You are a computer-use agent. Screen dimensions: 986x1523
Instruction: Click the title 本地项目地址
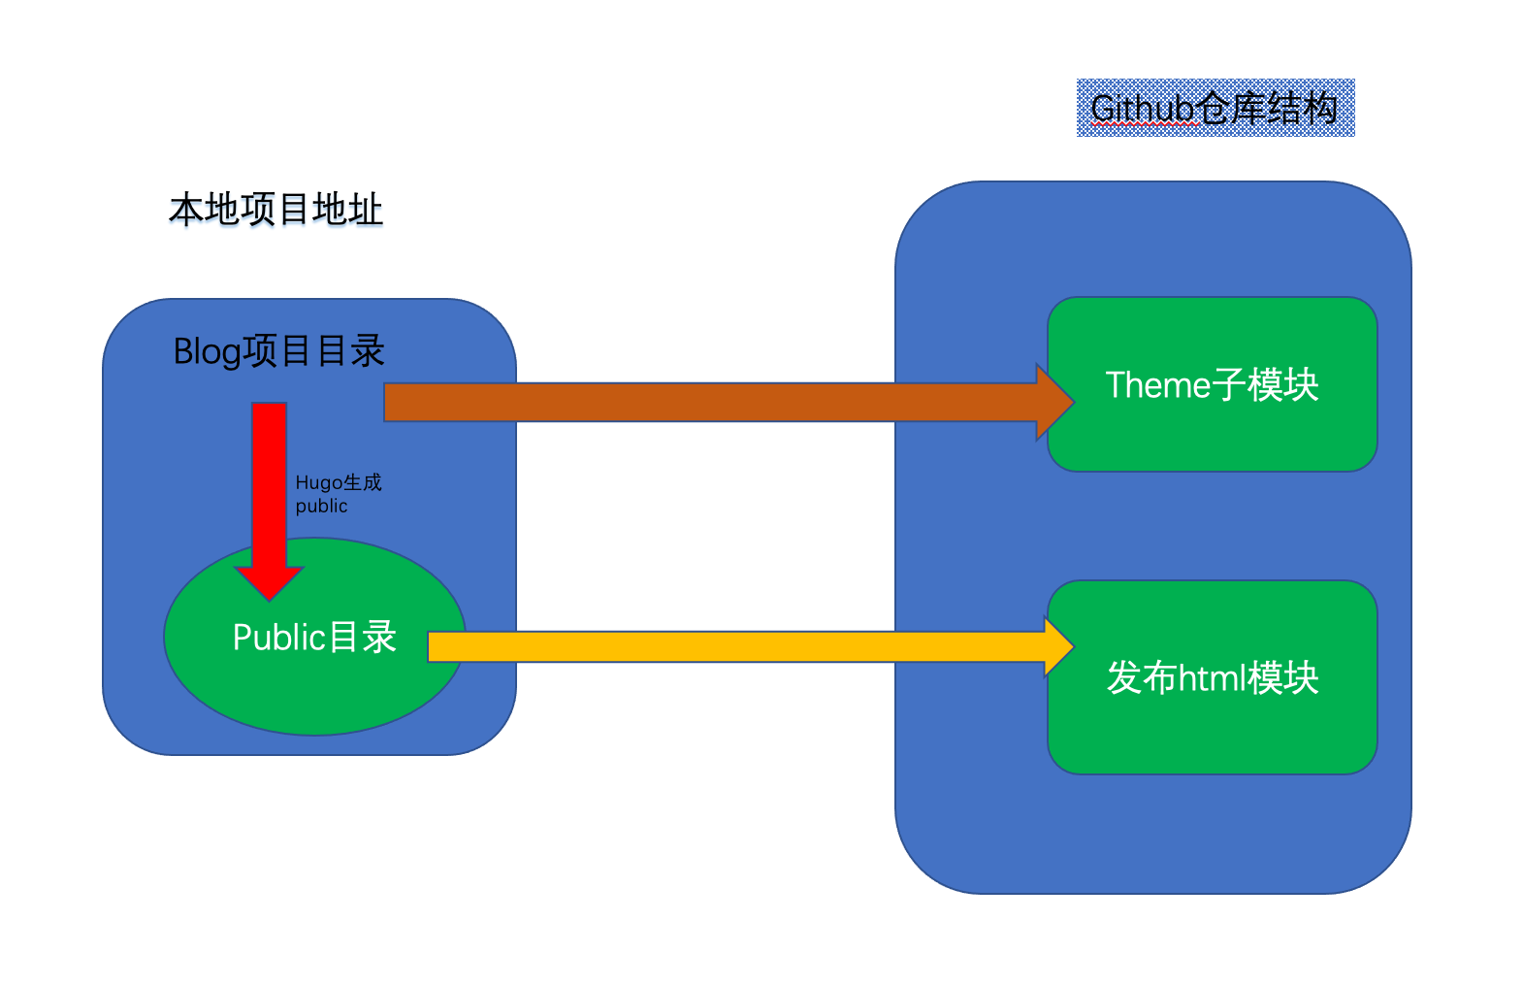(276, 210)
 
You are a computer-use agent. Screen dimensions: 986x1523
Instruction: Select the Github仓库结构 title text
(1215, 108)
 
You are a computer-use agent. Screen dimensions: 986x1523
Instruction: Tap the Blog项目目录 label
(279, 351)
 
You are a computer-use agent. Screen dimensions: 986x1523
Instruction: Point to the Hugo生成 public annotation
(338, 494)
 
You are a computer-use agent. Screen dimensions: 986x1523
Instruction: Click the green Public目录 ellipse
(314, 679)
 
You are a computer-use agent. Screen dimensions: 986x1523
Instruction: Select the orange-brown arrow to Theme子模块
(708, 402)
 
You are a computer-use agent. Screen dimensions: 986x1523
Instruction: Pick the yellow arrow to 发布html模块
(737, 646)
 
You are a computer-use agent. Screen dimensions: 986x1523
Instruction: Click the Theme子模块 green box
(1213, 437)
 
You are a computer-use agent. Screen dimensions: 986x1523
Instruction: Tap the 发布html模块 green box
(1213, 728)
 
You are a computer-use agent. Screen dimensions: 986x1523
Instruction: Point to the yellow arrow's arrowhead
(1059, 646)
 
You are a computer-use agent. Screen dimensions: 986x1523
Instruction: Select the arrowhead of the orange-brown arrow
(1055, 402)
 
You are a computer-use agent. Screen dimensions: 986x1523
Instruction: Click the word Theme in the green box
(1156, 385)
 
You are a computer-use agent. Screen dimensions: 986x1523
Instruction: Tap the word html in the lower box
(1212, 677)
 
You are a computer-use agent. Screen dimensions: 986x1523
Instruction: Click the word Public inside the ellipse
(278, 638)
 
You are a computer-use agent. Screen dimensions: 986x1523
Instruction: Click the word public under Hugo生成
(321, 507)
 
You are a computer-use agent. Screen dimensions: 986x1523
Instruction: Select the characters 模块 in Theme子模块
(1283, 385)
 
